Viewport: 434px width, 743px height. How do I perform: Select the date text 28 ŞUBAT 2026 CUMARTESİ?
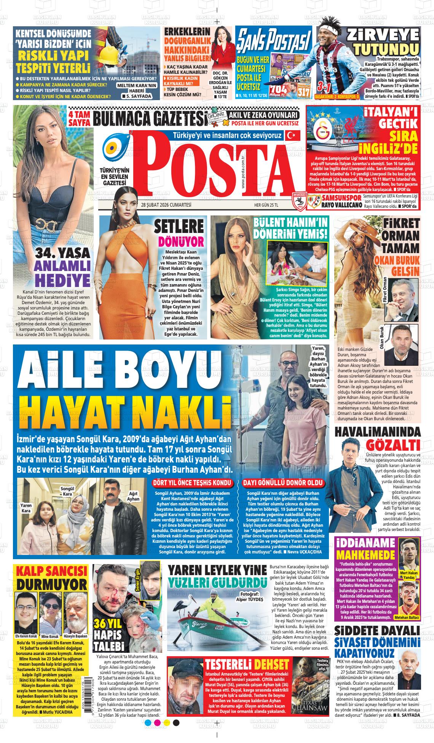click(166, 205)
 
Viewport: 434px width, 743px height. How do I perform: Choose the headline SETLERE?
click(179, 228)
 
